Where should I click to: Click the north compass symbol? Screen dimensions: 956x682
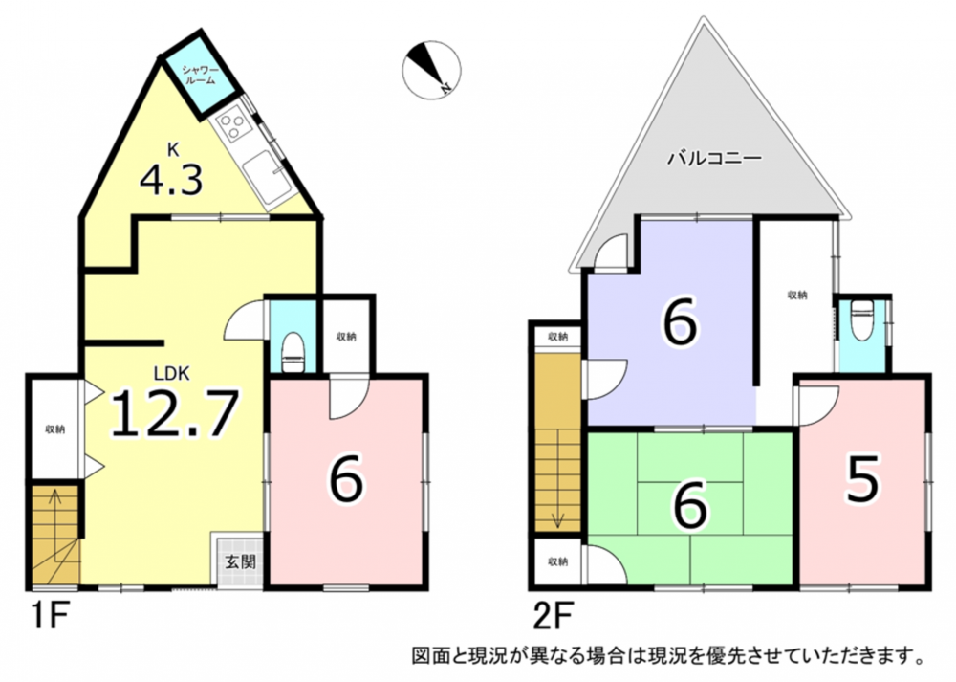coord(432,70)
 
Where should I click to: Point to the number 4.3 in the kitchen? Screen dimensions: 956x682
coord(171,179)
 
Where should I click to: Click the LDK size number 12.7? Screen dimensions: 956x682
coord(174,413)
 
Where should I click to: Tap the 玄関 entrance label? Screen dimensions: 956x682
coord(240,561)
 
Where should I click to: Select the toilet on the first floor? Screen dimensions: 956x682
coord(293,352)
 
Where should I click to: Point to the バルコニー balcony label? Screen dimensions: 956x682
coord(714,159)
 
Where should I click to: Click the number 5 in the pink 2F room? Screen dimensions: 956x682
coord(862,479)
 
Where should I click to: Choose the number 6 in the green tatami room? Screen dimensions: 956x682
coord(690,504)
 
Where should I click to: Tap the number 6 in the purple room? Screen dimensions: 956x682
coord(679,320)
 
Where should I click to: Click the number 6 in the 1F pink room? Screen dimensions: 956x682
coord(346,479)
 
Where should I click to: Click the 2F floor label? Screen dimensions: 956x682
coord(553,618)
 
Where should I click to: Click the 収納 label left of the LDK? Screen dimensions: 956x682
coord(54,429)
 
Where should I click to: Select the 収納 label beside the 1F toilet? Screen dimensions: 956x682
coord(346,336)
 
